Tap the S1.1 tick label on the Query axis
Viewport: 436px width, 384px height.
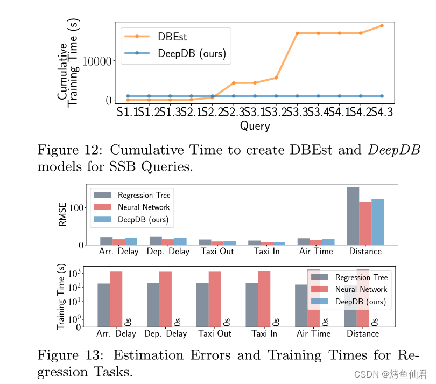pyautogui.click(x=127, y=113)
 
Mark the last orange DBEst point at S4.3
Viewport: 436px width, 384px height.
pyautogui.click(x=382, y=25)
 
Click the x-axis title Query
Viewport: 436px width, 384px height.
pyautogui.click(x=255, y=126)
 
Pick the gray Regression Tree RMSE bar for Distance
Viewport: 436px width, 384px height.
pyautogui.click(x=353, y=215)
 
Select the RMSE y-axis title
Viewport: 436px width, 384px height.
pyautogui.click(x=62, y=214)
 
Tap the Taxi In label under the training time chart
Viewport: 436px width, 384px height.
pyautogui.click(x=264, y=333)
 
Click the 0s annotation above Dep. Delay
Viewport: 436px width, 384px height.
pyautogui.click(x=178, y=322)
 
